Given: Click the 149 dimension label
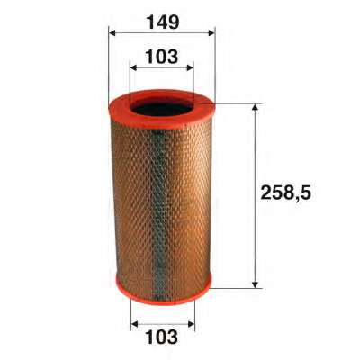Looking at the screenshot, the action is [x=162, y=22].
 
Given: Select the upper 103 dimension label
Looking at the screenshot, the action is [x=162, y=57].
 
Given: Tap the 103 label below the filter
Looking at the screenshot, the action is [x=162, y=337].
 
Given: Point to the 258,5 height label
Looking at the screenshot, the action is [x=286, y=193].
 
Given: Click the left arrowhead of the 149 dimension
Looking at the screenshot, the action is [x=112, y=32].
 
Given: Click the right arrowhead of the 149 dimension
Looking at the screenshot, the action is [x=211, y=32].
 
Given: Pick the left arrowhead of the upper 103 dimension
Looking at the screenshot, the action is [x=133, y=68].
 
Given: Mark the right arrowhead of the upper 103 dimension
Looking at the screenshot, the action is [x=190, y=68].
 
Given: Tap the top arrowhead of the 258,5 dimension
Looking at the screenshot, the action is [x=255, y=107].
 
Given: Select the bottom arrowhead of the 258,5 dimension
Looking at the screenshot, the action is [x=255, y=284].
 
